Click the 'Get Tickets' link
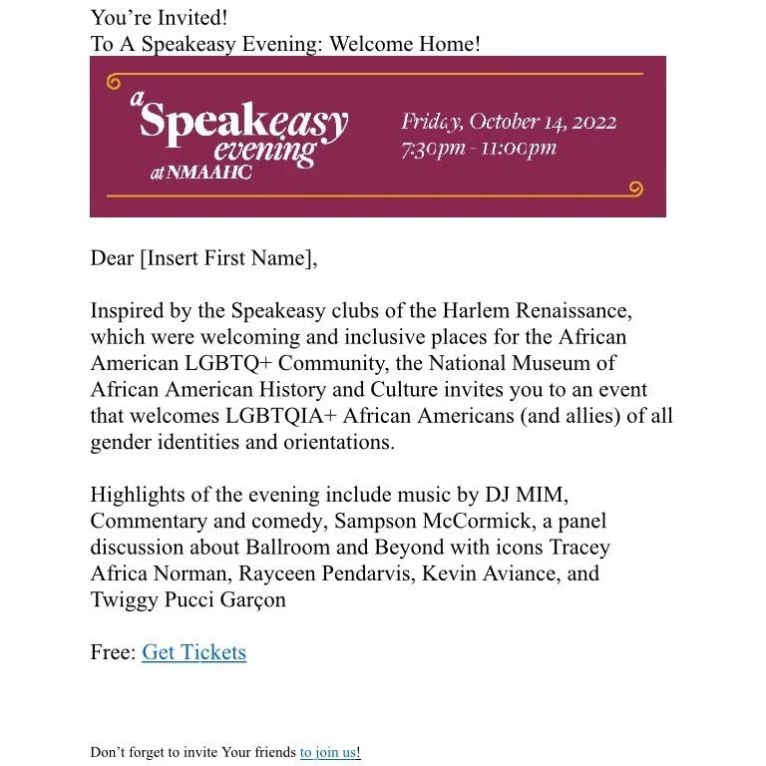tap(193, 652)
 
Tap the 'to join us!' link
tap(329, 752)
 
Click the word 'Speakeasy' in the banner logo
tap(243, 122)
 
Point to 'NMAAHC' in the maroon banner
tap(208, 173)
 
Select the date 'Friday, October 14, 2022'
tap(509, 123)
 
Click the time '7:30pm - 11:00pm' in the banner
tap(478, 150)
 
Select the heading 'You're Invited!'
tap(159, 17)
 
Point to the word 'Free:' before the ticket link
tap(113, 652)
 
